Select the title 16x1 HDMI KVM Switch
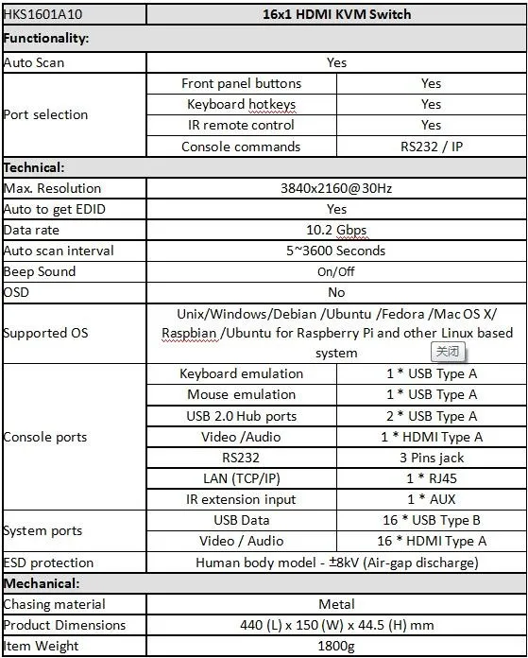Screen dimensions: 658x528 click(x=336, y=15)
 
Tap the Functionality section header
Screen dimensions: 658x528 click(x=46, y=39)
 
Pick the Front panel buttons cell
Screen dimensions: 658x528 click(x=241, y=83)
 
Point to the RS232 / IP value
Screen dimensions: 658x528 click(x=431, y=147)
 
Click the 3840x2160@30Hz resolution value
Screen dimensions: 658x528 click(x=336, y=188)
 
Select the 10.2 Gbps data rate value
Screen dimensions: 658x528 click(x=336, y=230)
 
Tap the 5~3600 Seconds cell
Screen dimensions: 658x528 click(x=336, y=251)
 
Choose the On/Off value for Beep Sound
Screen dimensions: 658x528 click(x=336, y=271)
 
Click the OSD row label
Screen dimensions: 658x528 click(x=17, y=292)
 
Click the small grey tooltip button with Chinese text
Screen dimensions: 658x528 click(x=449, y=352)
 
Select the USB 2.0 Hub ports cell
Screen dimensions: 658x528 click(x=241, y=416)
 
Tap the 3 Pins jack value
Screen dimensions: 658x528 click(x=431, y=458)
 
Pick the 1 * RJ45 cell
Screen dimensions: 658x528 click(x=431, y=478)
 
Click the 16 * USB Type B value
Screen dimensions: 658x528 click(x=431, y=520)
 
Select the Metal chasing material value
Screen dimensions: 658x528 click(x=336, y=604)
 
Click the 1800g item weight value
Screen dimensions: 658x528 click(x=336, y=646)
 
